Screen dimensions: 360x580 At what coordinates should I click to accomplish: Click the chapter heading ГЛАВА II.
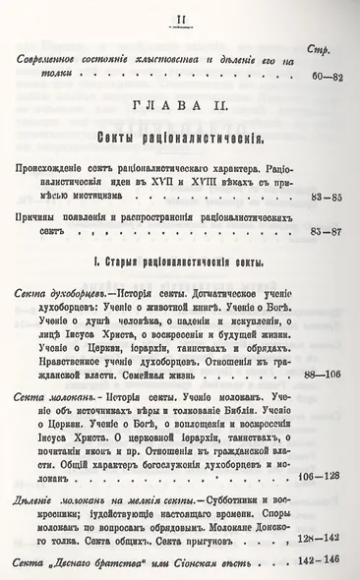coord(179,104)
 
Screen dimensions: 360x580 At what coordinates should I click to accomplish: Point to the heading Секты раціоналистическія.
coord(179,133)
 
